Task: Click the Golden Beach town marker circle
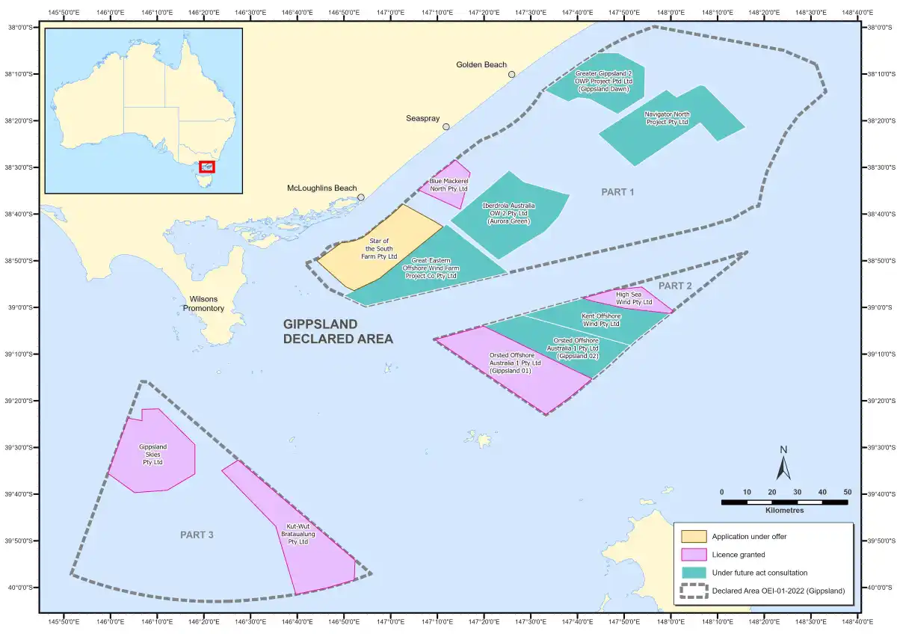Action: click(511, 74)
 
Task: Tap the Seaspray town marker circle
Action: click(446, 126)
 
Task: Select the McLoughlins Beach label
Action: click(322, 188)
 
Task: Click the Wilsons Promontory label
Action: click(203, 303)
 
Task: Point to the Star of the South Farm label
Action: click(379, 248)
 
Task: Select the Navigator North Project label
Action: click(667, 118)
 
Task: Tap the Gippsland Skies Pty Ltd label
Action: click(152, 455)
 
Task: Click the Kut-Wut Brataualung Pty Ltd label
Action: click(298, 534)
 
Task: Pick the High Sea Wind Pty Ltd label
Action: click(634, 298)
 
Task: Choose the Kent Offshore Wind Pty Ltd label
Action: click(600, 320)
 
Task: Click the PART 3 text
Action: click(197, 535)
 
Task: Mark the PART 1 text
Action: click(617, 192)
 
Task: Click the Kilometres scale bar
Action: click(784, 502)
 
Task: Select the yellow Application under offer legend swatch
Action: click(693, 536)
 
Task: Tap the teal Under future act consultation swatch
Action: click(693, 573)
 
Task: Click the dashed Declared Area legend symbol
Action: click(693, 591)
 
